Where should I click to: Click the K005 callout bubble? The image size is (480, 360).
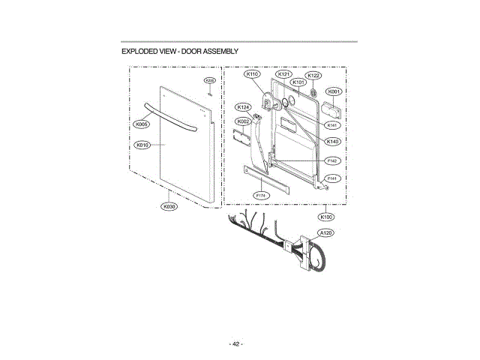[141, 124]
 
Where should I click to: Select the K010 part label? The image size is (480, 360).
[143, 144]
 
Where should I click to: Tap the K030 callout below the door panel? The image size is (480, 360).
[169, 206]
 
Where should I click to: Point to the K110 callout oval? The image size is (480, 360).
[252, 75]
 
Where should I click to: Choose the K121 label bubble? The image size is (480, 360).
[283, 75]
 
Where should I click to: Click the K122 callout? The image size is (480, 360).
[314, 76]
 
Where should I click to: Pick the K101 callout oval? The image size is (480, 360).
[298, 82]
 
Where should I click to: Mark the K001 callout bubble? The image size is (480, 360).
[334, 91]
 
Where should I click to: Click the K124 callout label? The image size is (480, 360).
[243, 107]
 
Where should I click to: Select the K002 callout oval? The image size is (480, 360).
[243, 121]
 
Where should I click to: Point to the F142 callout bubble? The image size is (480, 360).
[333, 160]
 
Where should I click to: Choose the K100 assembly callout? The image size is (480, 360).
[326, 217]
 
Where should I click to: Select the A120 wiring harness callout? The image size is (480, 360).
[326, 233]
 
